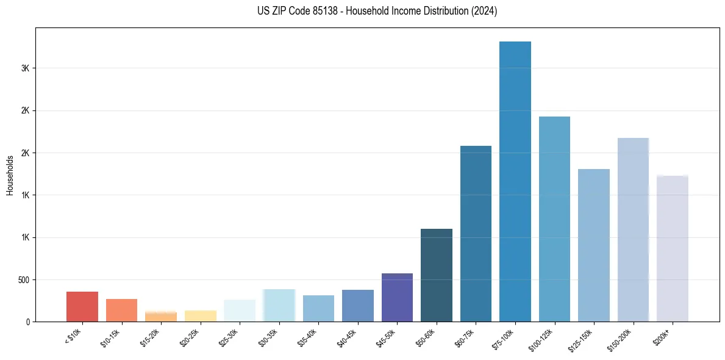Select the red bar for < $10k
82,307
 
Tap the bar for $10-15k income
121,311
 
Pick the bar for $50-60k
437,275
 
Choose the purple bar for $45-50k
397,298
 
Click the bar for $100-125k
554,219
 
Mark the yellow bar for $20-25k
201,316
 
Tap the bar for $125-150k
594,245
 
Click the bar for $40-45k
358,306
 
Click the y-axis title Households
10,175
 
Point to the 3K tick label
25,68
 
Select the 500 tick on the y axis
23,280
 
